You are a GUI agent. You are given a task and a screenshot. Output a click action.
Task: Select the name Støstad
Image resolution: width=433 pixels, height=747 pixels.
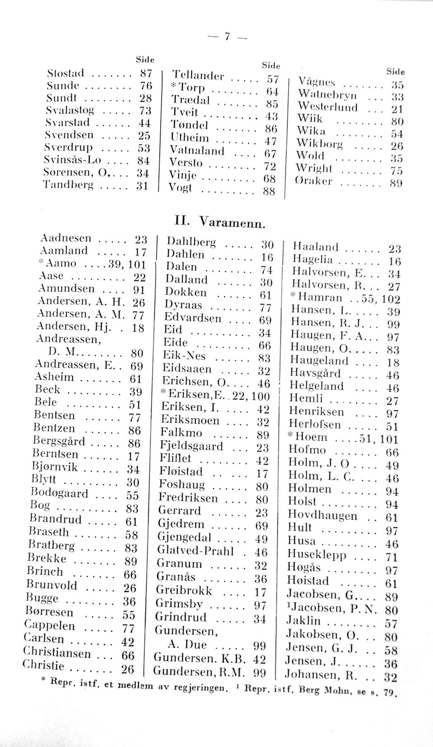(x=66, y=73)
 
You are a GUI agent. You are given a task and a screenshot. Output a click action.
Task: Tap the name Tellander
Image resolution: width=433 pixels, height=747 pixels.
(x=196, y=76)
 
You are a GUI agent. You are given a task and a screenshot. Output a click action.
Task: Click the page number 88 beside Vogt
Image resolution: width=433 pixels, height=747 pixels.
(x=269, y=191)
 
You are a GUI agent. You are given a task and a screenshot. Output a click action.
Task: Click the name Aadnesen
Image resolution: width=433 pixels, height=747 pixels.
(x=65, y=238)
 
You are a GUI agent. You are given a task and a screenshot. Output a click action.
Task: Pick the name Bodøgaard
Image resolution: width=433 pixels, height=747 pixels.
(x=59, y=493)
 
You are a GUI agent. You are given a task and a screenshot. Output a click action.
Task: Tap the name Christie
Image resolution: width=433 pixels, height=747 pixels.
(x=44, y=666)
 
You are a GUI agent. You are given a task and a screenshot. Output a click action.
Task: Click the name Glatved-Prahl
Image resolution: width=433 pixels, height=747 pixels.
(x=195, y=551)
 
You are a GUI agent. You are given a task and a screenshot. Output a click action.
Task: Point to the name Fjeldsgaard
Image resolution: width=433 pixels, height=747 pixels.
(x=191, y=446)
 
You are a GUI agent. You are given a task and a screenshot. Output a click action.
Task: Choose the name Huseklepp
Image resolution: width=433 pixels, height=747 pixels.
(x=317, y=554)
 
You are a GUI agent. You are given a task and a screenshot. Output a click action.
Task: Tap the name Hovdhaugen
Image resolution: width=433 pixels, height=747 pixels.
(x=322, y=515)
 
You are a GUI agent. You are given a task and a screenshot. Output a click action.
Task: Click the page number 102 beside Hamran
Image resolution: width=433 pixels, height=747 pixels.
(x=391, y=299)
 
